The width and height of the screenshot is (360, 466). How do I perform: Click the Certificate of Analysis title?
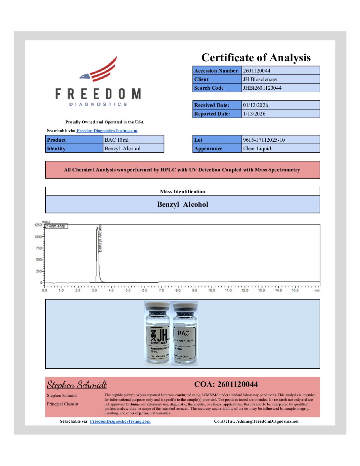coord(256,58)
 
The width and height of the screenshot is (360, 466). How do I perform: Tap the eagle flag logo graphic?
coord(99,70)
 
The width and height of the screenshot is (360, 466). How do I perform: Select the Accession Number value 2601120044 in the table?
coord(256,70)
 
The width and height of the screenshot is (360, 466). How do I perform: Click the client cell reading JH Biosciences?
coord(260,79)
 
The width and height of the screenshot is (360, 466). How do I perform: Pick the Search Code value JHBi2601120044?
coord(262,88)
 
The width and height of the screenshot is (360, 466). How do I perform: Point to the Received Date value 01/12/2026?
coord(255,105)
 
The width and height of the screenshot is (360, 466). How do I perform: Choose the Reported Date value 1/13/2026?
coord(254,114)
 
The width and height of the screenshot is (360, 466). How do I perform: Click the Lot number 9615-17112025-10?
coord(264,140)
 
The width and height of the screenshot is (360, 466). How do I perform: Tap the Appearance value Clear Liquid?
coord(257,148)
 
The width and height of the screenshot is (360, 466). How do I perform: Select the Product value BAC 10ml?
coord(116,140)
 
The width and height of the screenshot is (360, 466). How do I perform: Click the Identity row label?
coord(56,148)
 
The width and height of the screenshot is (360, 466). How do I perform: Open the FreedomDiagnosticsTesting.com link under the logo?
coord(107,131)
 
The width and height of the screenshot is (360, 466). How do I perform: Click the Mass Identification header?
coord(182,191)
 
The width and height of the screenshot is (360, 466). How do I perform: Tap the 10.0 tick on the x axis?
coord(211,290)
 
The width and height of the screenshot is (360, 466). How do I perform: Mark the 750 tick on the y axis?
coord(39,248)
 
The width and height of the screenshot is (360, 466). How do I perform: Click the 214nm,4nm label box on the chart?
coord(56,226)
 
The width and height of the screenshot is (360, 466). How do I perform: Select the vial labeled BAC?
coord(185,333)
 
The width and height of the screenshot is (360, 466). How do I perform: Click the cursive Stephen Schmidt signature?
coord(77,385)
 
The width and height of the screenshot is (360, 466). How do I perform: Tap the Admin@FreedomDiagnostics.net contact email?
coord(267,421)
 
